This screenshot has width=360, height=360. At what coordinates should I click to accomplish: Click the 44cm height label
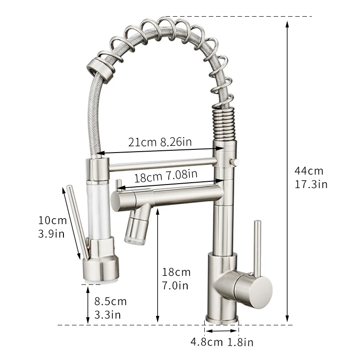pyautogui.click(x=309, y=171)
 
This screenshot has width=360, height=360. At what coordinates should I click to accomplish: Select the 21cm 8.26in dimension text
pyautogui.click(x=160, y=142)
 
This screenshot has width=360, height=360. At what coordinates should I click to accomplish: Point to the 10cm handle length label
pyautogui.click(x=52, y=220)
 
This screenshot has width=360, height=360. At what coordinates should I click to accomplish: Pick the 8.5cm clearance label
pyautogui.click(x=110, y=301)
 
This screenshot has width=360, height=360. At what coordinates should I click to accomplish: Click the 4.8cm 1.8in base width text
pyautogui.click(x=222, y=342)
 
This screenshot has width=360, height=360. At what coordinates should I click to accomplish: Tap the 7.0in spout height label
pyautogui.click(x=175, y=285)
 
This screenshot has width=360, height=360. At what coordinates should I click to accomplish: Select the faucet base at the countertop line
pyautogui.click(x=222, y=318)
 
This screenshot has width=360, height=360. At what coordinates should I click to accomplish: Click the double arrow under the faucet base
pyautogui.click(x=222, y=332)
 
